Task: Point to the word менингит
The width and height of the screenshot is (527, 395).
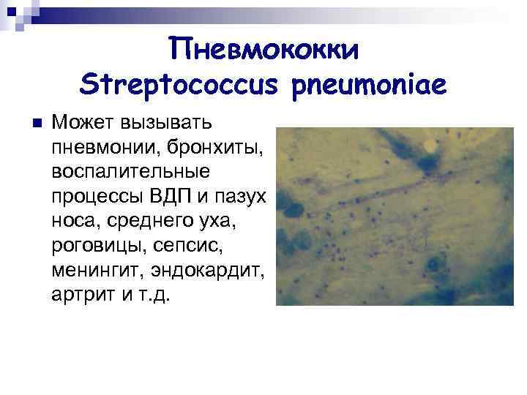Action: coord(98,271)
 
